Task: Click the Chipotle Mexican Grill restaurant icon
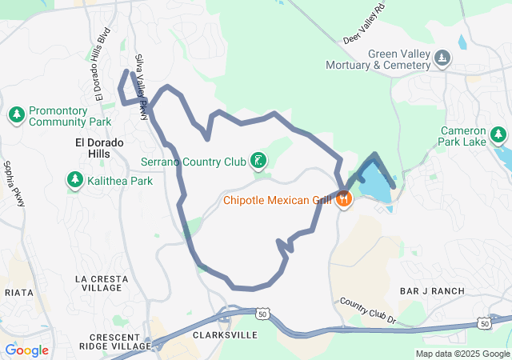pos(344,199)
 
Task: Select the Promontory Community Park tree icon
pos(17,116)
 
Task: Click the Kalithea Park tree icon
pos(75,181)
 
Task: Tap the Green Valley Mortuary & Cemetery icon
pos(442,59)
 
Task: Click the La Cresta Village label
pos(102,283)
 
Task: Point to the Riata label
pos(18,293)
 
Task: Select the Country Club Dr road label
pos(367,310)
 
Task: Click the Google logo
pos(26,350)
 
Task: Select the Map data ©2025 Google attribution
pos(462,354)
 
